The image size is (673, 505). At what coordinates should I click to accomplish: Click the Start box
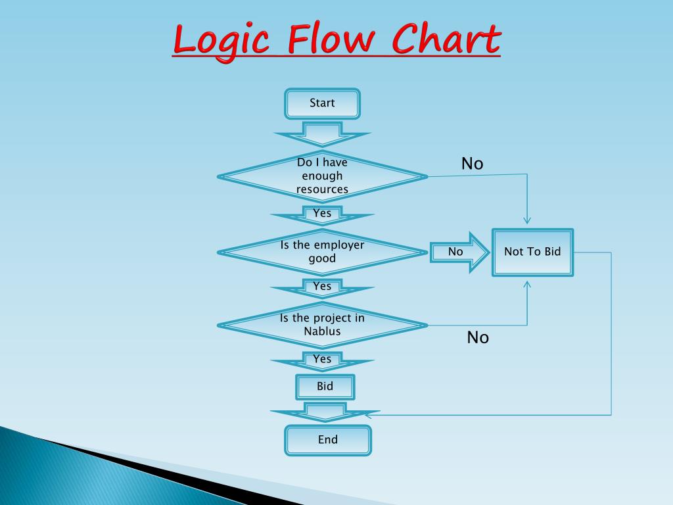pyautogui.click(x=322, y=103)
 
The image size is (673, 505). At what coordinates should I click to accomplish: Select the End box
pyautogui.click(x=327, y=440)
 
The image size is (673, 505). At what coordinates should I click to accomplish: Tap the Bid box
pyautogui.click(x=325, y=387)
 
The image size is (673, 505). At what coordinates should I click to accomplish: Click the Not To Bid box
pyautogui.click(x=532, y=252)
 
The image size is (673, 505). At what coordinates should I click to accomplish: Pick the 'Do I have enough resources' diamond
pyautogui.click(x=322, y=176)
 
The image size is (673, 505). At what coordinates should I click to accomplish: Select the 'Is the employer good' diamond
pyautogui.click(x=322, y=252)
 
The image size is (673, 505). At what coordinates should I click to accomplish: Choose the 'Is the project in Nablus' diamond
pyautogui.click(x=322, y=325)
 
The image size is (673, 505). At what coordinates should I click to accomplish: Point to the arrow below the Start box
pyautogui.click(x=322, y=134)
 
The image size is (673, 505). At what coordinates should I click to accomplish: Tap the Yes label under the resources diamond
pyautogui.click(x=322, y=213)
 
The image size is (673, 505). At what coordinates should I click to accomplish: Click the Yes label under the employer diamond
pyautogui.click(x=322, y=286)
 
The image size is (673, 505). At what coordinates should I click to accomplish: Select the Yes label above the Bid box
pyautogui.click(x=322, y=359)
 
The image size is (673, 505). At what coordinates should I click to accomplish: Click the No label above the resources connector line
pyautogui.click(x=472, y=164)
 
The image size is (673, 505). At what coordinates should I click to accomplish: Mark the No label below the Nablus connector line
pyautogui.click(x=478, y=338)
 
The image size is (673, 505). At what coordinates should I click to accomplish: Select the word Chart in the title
pyautogui.click(x=446, y=41)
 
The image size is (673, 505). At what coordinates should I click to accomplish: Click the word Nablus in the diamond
pyautogui.click(x=322, y=331)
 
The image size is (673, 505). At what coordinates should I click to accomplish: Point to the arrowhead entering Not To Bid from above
pyautogui.click(x=527, y=220)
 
